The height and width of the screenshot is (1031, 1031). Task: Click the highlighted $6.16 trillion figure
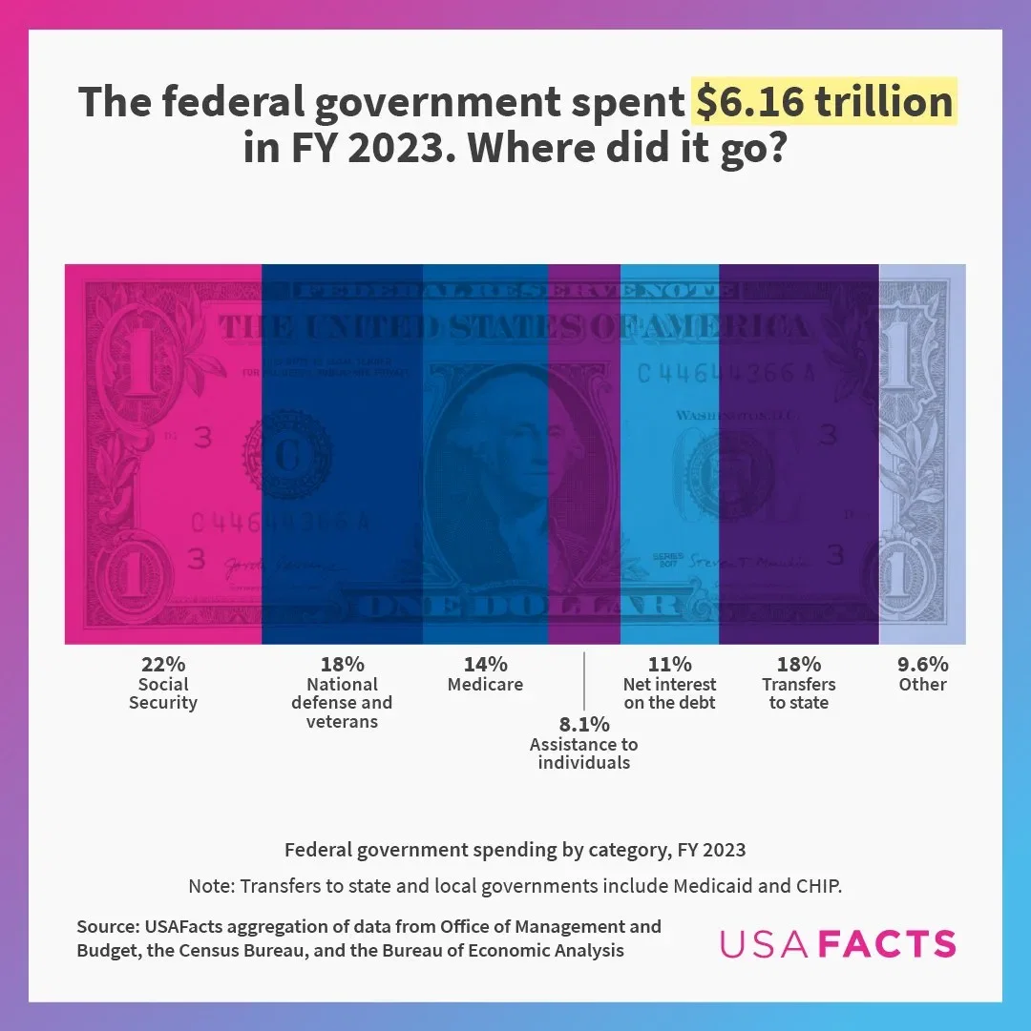click(824, 102)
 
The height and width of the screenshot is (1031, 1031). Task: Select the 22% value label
click(163, 664)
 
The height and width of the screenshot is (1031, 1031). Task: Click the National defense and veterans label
click(342, 703)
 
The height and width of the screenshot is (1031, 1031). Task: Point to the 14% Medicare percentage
click(485, 664)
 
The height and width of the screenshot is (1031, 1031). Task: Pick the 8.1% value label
click(584, 724)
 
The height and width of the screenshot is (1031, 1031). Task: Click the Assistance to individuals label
click(584, 753)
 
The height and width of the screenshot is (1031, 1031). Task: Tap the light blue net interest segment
click(669, 477)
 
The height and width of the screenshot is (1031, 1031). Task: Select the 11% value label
click(669, 664)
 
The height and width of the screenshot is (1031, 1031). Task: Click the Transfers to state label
click(799, 693)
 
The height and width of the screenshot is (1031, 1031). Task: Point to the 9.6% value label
click(922, 664)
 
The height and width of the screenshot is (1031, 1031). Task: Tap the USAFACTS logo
click(837, 943)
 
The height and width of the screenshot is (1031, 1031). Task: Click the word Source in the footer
click(107, 927)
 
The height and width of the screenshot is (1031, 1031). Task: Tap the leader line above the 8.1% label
click(583, 680)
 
